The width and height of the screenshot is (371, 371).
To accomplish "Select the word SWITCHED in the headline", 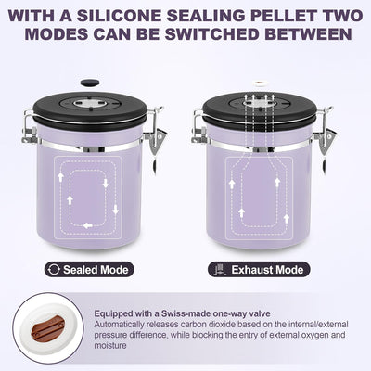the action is click(211, 34).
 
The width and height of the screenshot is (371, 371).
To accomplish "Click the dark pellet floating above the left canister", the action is click(90, 83).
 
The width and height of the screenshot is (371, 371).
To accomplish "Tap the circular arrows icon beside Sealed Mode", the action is click(55, 270).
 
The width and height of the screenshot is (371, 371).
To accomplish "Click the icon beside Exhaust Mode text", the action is click(220, 270).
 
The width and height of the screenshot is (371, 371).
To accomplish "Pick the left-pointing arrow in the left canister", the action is click(88, 225).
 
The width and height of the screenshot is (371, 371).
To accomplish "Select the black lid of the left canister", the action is click(90, 109).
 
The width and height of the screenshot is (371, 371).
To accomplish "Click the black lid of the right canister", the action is click(260, 109).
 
